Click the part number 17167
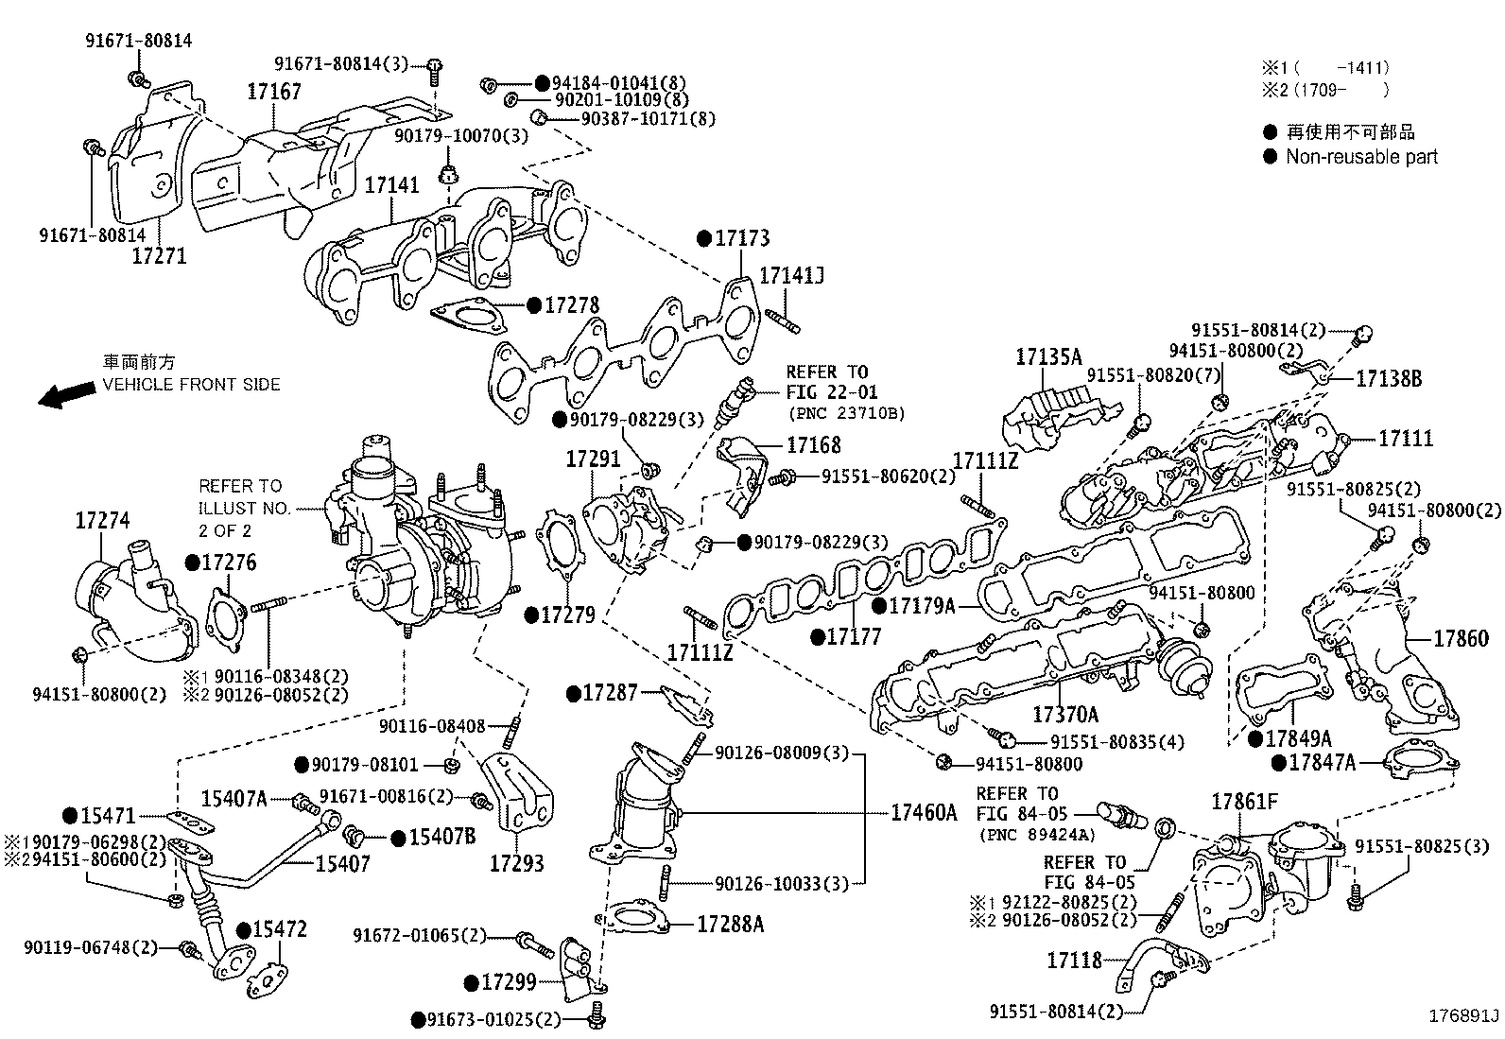274,92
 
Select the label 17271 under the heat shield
159,255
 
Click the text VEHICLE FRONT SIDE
191,385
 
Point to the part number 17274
102,521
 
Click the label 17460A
924,812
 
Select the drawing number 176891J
1463,1016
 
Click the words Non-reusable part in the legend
1361,157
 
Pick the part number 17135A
1048,357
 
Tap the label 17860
1461,639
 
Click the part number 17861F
1245,803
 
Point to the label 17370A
1065,715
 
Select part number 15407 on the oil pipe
342,863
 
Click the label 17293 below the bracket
516,863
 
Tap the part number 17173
741,238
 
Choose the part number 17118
1074,961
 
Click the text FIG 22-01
831,392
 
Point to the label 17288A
730,924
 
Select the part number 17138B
1389,378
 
